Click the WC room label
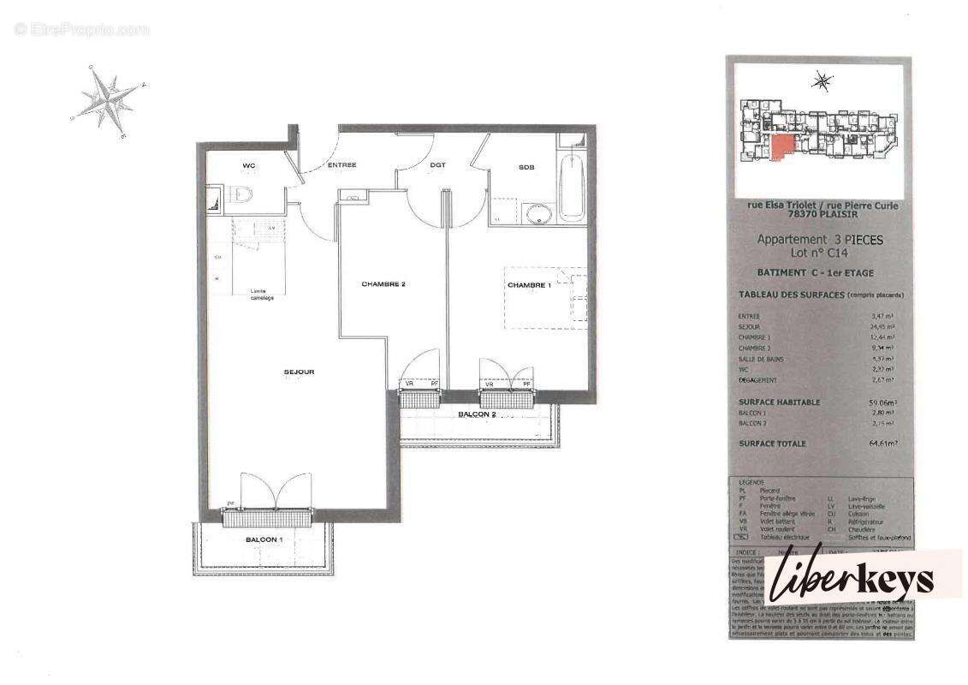click(x=248, y=165)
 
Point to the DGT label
click(x=437, y=165)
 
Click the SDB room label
click(x=526, y=168)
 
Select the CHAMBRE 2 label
click(x=383, y=284)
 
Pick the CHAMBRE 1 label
click(x=529, y=285)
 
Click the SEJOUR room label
click(x=300, y=372)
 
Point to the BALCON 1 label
click(x=262, y=539)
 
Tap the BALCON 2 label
click(x=477, y=414)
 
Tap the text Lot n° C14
click(x=819, y=253)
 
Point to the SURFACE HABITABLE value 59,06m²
click(x=882, y=402)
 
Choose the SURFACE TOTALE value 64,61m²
click(x=882, y=444)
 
